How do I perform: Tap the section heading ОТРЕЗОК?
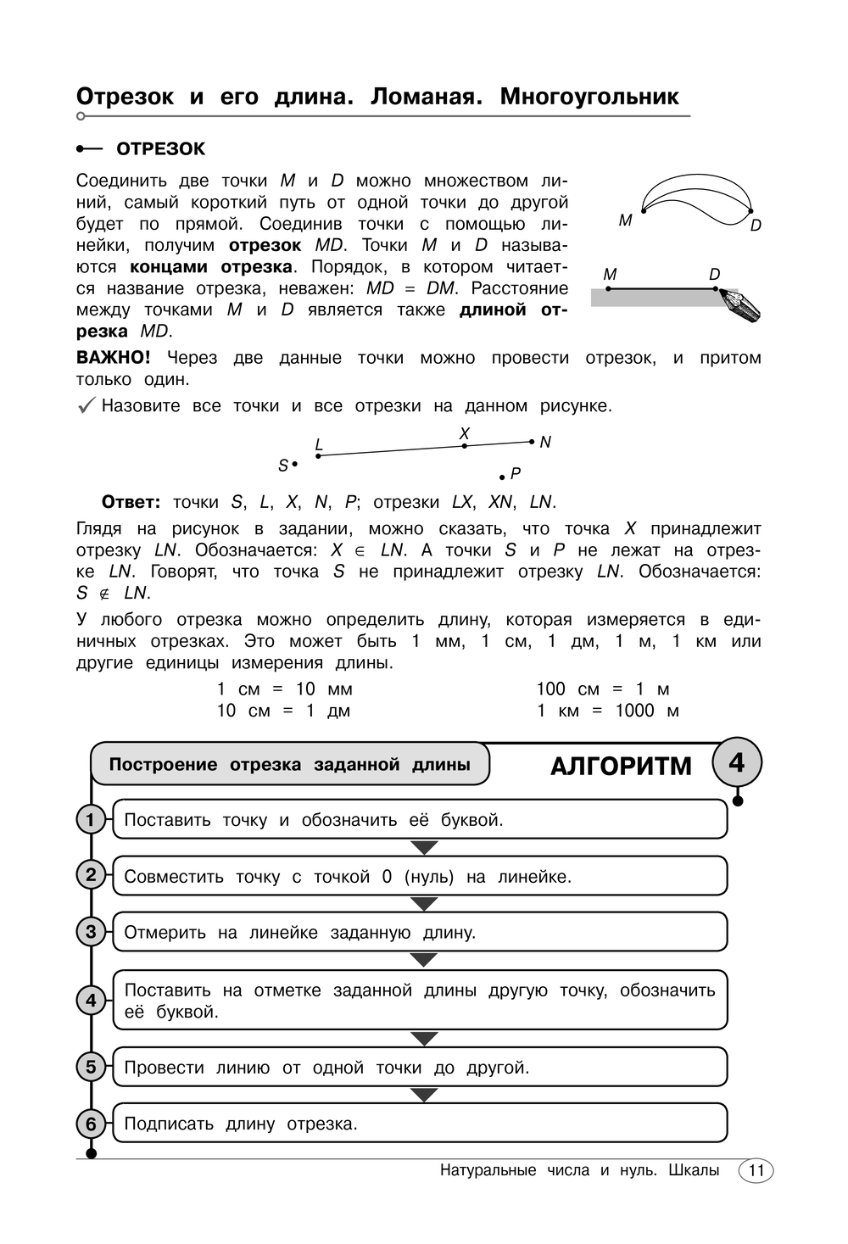[160, 149]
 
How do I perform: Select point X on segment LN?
[465, 445]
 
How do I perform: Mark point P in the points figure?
[502, 478]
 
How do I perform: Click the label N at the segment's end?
[545, 443]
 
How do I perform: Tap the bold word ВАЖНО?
[114, 358]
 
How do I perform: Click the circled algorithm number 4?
[736, 763]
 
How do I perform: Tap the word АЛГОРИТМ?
[621, 767]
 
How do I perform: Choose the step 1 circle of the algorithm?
[91, 820]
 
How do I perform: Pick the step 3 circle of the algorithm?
[91, 932]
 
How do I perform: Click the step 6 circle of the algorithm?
[91, 1124]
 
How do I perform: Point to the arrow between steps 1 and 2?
[423, 848]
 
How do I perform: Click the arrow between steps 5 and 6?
[423, 1095]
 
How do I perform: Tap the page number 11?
[756, 1171]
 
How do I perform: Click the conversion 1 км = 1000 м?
[607, 711]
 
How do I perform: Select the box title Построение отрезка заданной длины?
[289, 765]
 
